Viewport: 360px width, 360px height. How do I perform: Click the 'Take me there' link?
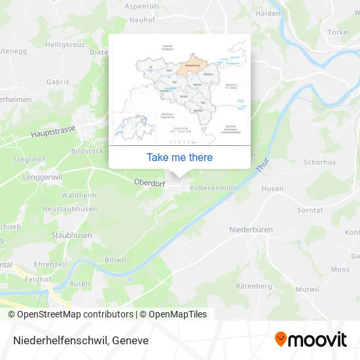click(179, 157)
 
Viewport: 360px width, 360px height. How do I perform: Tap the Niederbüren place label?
click(251, 230)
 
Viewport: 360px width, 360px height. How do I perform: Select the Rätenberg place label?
click(253, 286)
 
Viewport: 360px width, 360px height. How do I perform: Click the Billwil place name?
click(115, 260)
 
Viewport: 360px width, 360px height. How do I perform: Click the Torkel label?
click(338, 32)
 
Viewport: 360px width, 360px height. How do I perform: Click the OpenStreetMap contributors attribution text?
click(71, 314)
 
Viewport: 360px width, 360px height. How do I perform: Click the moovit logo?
click(311, 339)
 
